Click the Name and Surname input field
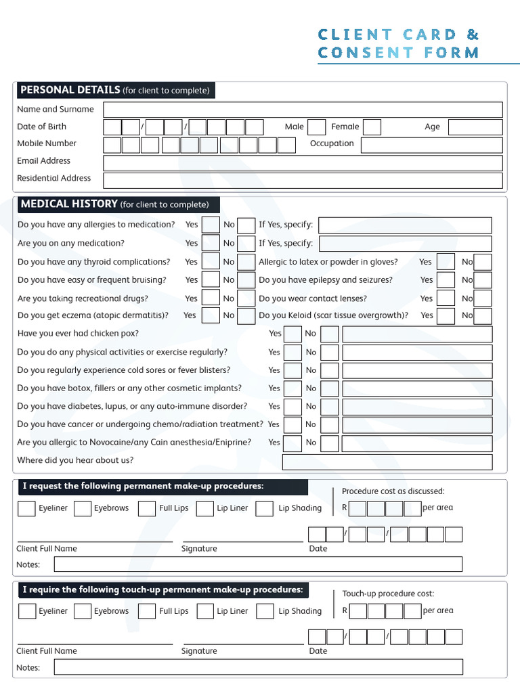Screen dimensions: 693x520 [303, 110]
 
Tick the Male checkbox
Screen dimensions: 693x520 [316, 127]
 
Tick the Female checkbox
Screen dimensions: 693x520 [372, 127]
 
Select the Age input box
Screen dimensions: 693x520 [475, 127]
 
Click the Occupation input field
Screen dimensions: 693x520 [431, 145]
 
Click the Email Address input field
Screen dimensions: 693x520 [303, 162]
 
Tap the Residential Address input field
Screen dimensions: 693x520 [303, 180]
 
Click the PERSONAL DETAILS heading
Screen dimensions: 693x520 [70, 90]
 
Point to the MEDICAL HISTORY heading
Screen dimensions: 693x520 [70, 204]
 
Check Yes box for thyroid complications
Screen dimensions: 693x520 [211, 262]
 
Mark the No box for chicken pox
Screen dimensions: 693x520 [330, 334]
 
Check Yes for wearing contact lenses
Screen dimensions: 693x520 [446, 298]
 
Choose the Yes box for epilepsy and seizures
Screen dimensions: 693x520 [446, 280]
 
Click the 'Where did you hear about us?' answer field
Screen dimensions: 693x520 [387, 462]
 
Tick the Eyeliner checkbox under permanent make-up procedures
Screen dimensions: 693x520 [26, 508]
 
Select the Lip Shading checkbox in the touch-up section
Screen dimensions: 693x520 [265, 611]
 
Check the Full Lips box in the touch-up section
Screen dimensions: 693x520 [147, 611]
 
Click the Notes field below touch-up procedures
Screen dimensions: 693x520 [259, 667]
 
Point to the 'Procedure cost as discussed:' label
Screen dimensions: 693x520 [393, 491]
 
